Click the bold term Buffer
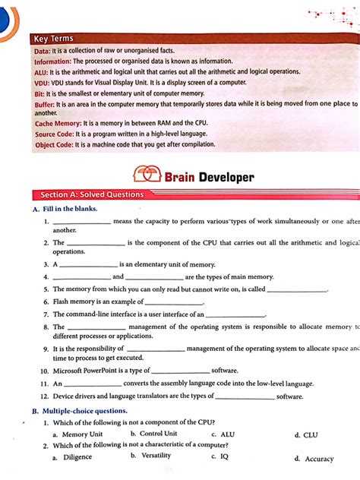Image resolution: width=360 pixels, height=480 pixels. (44, 103)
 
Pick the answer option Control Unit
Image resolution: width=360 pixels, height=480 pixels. (159, 434)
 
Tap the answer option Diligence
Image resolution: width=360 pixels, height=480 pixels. (77, 457)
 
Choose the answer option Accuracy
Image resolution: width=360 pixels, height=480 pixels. (319, 459)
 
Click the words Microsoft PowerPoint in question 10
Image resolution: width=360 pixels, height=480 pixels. (84, 371)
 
